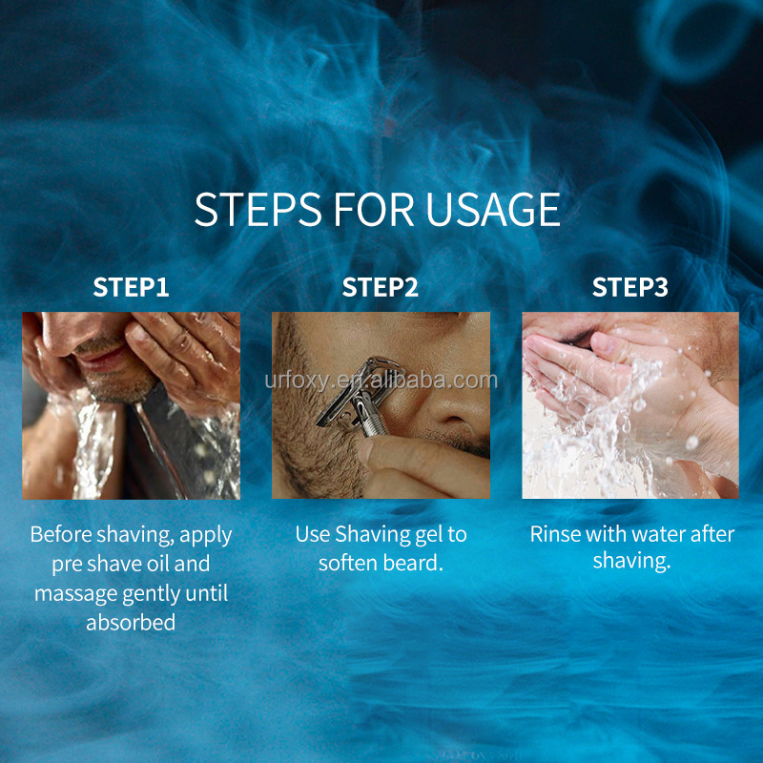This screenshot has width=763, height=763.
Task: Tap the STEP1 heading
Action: coord(131,287)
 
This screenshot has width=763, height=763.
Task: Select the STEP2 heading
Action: coord(381,287)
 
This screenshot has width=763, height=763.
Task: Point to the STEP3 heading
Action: coord(630,287)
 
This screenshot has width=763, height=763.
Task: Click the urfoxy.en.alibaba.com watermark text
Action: coord(381,381)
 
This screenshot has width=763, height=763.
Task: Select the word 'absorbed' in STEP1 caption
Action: coord(131,623)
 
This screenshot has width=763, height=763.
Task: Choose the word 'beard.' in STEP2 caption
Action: coord(414,563)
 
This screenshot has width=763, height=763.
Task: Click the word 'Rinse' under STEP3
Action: coord(556,534)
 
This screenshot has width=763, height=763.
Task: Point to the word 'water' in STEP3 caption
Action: coord(659,534)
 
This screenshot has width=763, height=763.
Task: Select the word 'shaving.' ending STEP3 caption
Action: coord(631,561)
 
